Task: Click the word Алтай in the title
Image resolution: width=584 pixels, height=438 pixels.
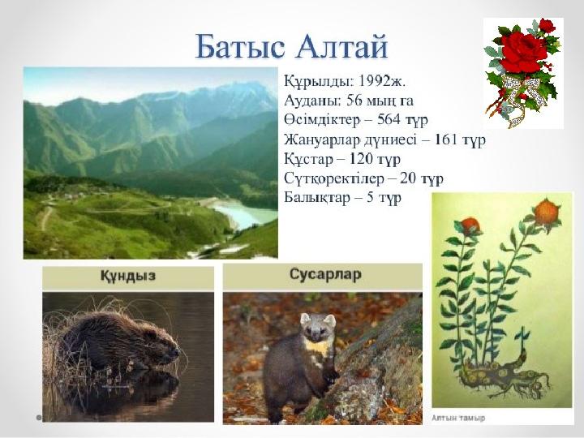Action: [342, 46]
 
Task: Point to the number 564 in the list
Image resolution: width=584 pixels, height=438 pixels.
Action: [389, 119]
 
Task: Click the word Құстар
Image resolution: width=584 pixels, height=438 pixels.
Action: [308, 159]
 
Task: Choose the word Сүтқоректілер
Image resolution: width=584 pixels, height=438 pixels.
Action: [333, 178]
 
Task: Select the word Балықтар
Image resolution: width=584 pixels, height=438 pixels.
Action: [317, 197]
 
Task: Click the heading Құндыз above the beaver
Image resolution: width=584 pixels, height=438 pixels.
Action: [128, 276]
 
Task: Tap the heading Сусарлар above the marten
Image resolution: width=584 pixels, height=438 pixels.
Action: [325, 274]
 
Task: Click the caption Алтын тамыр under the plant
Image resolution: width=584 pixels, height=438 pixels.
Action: [458, 418]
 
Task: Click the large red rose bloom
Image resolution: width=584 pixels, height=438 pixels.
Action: [522, 51]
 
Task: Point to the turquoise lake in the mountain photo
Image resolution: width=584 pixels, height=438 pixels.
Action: [244, 214]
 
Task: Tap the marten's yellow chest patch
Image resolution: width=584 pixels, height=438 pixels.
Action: [316, 348]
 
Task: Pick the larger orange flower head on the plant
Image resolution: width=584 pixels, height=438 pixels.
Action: [547, 212]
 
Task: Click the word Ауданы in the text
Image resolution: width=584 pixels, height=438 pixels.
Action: [311, 101]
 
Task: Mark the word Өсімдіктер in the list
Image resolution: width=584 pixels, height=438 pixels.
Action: [322, 119]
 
